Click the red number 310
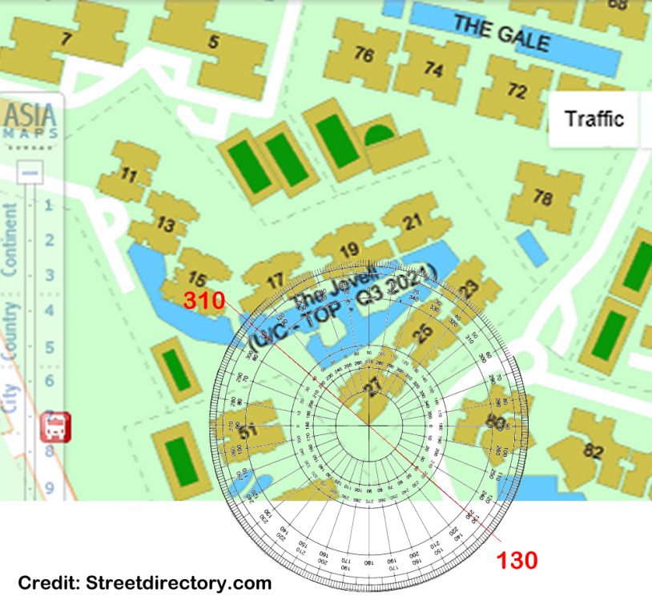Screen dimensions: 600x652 pyautogui.click(x=200, y=301)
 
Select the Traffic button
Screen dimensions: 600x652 pyautogui.click(x=594, y=119)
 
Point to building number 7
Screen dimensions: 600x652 pyautogui.click(x=66, y=39)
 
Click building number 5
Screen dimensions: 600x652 pyautogui.click(x=213, y=42)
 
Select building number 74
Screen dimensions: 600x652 pyautogui.click(x=433, y=70)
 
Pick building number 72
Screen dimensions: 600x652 pyautogui.click(x=517, y=91)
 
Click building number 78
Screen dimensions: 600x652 pyautogui.click(x=543, y=197)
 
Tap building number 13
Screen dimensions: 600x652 pyautogui.click(x=166, y=224)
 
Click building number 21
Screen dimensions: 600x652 pyautogui.click(x=413, y=222)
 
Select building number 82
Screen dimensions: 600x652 pyautogui.click(x=593, y=451)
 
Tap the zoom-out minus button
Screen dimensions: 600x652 pyautogui.click(x=30, y=172)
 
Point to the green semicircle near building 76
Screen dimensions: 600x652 pyautogui.click(x=379, y=134)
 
